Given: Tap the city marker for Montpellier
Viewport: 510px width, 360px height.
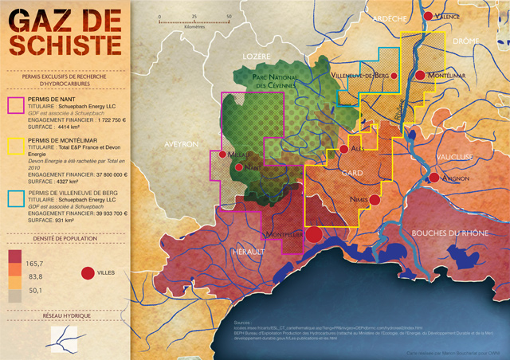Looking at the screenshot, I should (x=314, y=234).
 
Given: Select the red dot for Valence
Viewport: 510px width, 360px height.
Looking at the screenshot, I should (x=428, y=16).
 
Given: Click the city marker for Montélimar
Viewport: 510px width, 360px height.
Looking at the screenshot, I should (x=420, y=76).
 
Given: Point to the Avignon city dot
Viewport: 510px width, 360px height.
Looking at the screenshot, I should (x=433, y=177).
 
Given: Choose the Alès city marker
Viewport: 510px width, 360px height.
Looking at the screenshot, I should (x=343, y=149).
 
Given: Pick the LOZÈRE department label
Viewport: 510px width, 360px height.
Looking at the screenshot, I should (x=257, y=57).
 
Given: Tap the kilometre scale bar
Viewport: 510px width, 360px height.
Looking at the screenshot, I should (x=194, y=22).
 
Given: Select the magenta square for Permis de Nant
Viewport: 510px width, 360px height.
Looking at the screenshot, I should (x=16, y=105).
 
